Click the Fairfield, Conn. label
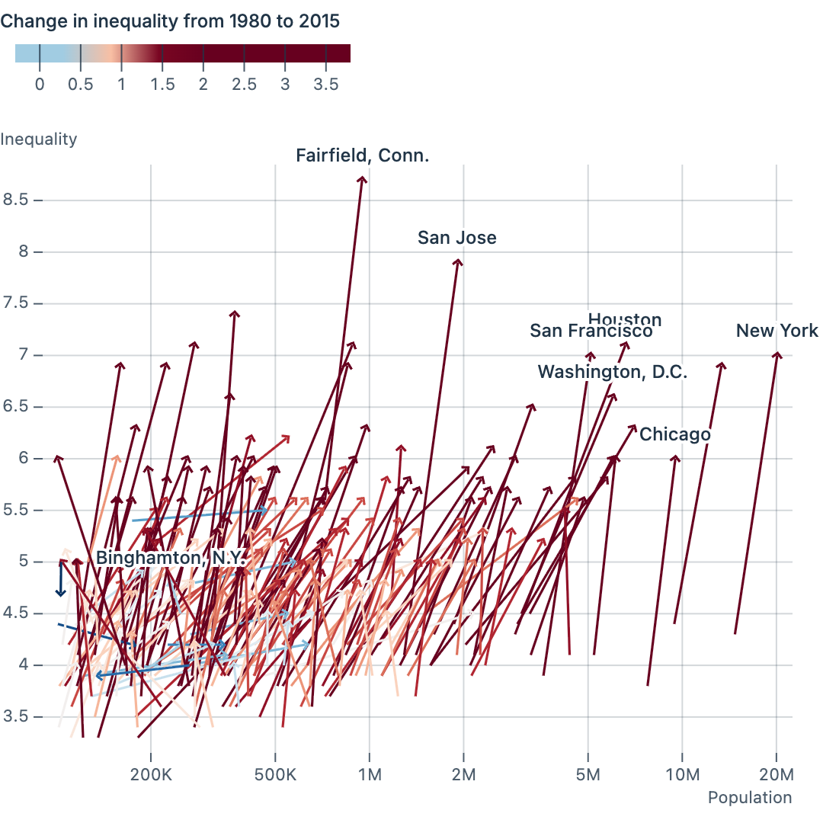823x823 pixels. pyautogui.click(x=363, y=156)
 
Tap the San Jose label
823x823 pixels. pyautogui.click(x=457, y=238)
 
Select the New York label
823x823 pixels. pyautogui.click(x=777, y=331)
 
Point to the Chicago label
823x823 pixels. pyautogui.click(x=674, y=434)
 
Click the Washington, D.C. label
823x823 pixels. pyautogui.click(x=613, y=372)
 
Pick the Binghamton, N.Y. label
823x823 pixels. pyautogui.click(x=171, y=558)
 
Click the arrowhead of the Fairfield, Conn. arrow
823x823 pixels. pyautogui.click(x=363, y=178)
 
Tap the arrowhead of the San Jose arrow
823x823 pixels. pyautogui.click(x=458, y=261)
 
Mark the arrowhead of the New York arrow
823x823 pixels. pyautogui.click(x=777, y=354)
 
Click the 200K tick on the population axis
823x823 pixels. pyautogui.click(x=151, y=776)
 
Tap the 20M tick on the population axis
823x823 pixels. pyautogui.click(x=777, y=776)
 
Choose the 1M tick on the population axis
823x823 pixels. pyautogui.click(x=370, y=776)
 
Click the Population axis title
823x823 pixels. pyautogui.click(x=750, y=798)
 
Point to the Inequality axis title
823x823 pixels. pyautogui.click(x=39, y=139)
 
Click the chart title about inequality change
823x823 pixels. pyautogui.click(x=170, y=21)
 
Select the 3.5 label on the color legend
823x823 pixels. pyautogui.click(x=326, y=84)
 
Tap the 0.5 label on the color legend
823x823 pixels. pyautogui.click(x=80, y=84)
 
